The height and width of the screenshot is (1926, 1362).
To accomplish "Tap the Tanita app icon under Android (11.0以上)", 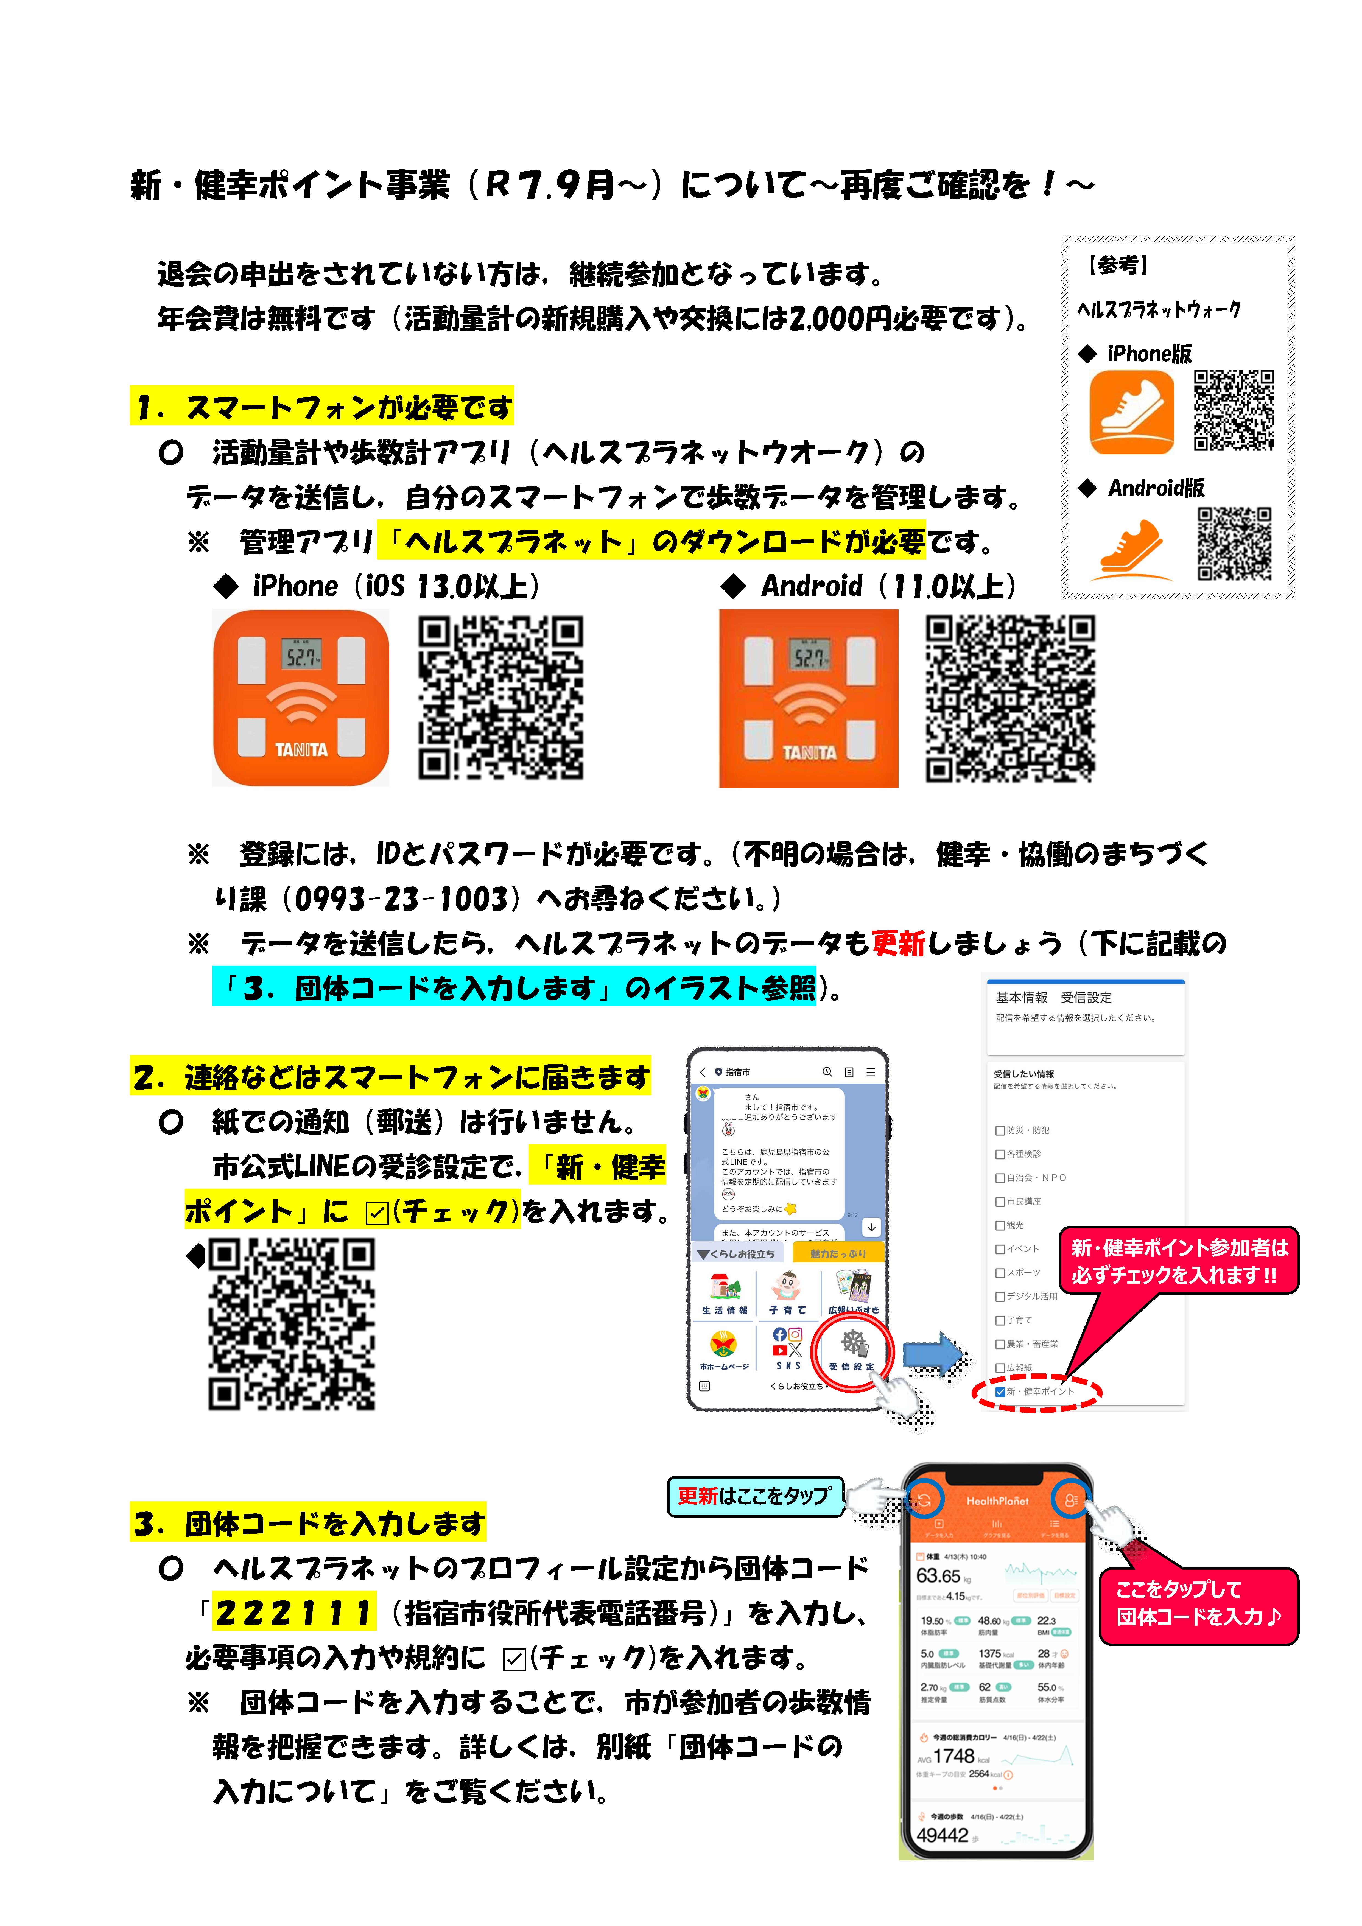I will (808, 698).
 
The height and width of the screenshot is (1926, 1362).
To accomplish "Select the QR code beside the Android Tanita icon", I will (1009, 698).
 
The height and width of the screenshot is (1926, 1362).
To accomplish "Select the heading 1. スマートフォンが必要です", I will (322, 408).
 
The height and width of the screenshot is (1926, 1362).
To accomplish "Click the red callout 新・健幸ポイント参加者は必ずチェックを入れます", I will (1179, 1261).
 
